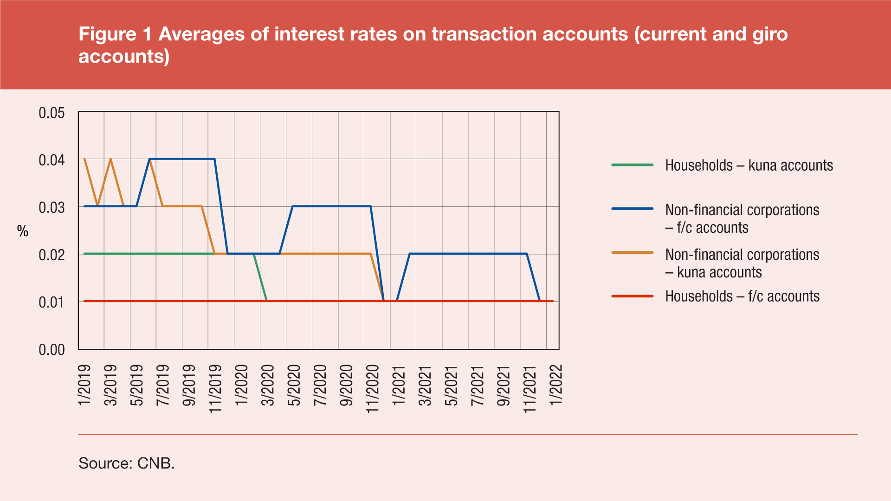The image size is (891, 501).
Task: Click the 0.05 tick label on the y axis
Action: click(x=52, y=113)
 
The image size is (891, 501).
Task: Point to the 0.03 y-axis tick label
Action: click(x=52, y=207)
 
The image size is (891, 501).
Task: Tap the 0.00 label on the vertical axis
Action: click(x=52, y=350)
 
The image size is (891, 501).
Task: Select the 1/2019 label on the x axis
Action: click(x=84, y=385)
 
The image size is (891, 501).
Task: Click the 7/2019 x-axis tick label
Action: click(x=163, y=385)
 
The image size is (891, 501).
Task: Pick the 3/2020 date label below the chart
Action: click(x=268, y=385)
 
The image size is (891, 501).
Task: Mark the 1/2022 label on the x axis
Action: click(x=556, y=385)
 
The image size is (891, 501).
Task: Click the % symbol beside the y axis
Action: click(x=23, y=231)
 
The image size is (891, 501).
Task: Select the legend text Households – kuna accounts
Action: click(x=749, y=166)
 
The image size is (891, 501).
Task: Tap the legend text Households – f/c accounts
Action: click(x=742, y=296)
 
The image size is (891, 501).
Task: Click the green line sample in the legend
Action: click(x=632, y=165)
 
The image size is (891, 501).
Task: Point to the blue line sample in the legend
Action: click(x=632, y=209)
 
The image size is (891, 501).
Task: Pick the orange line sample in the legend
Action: click(x=632, y=253)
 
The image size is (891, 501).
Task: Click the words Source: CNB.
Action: click(x=127, y=463)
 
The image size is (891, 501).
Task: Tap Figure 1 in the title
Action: click(x=115, y=34)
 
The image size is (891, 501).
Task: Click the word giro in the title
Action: click(x=770, y=34)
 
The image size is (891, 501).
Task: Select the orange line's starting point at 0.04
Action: click(x=84, y=159)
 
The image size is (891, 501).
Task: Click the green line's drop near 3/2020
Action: click(x=260, y=277)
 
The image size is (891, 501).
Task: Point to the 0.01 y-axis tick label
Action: click(x=52, y=302)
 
